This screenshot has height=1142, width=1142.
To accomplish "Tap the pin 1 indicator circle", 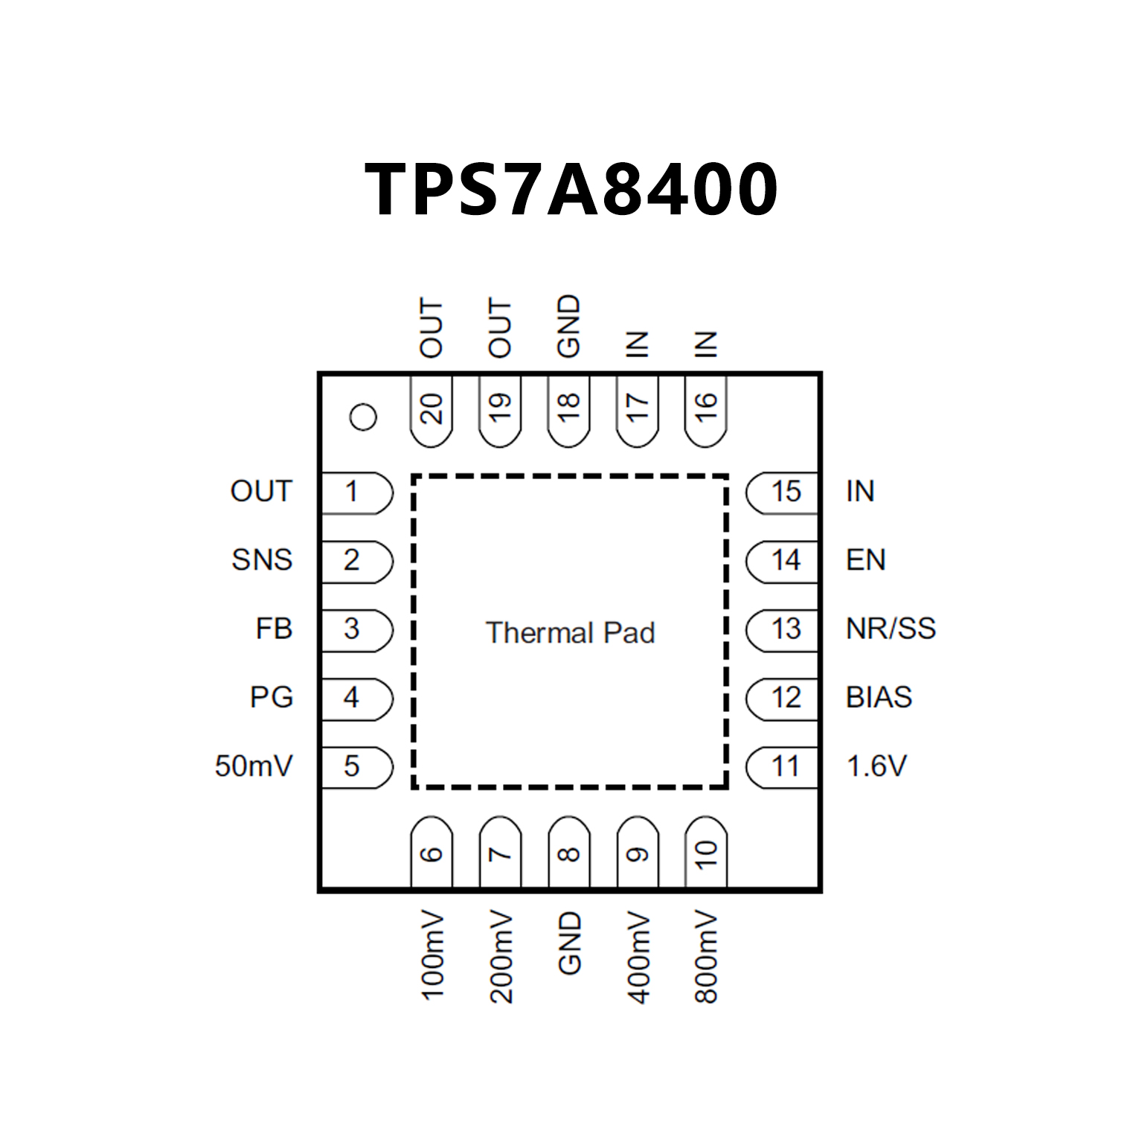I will tap(363, 417).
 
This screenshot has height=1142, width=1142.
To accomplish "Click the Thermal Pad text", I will tap(571, 633).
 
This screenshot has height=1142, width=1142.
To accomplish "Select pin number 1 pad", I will tap(356, 492).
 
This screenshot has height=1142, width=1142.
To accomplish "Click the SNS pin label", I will tap(262, 560).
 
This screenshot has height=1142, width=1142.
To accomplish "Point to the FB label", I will tap(274, 629).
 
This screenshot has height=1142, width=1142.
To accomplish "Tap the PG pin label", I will tap(272, 698).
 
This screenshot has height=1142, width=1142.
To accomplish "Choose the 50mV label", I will tap(254, 766).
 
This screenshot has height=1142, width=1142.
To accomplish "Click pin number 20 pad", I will tap(432, 410).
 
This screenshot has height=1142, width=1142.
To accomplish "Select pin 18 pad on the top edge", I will tap(568, 410).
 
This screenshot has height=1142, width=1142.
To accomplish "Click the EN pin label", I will tap(866, 560).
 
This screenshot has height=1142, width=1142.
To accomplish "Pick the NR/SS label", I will tap(891, 629).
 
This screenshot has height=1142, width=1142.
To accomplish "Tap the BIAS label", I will tap(879, 698).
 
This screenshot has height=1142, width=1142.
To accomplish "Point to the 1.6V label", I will tap(877, 766).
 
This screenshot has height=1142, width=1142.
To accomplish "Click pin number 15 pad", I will tap(783, 492).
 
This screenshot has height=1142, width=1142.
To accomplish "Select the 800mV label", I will tap(706, 957).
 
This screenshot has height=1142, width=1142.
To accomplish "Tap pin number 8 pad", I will tap(568, 853).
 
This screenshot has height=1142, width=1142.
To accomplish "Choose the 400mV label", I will tap(638, 957).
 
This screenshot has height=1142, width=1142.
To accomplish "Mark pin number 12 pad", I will tap(783, 698).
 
